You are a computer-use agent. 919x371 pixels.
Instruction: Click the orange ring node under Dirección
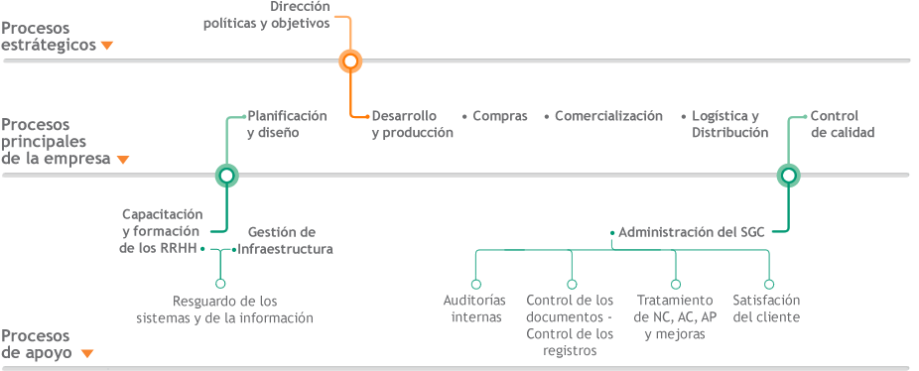pyautogui.click(x=349, y=61)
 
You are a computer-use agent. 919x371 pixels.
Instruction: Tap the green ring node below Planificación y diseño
pyautogui.click(x=226, y=176)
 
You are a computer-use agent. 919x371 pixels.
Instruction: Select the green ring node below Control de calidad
pyautogui.click(x=788, y=176)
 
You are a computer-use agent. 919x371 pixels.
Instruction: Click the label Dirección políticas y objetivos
pyautogui.click(x=267, y=15)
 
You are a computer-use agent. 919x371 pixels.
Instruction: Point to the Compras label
pyautogui.click(x=499, y=116)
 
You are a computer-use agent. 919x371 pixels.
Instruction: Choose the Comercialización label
pyautogui.click(x=608, y=116)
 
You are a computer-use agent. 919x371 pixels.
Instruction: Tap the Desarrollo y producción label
pyautogui.click(x=412, y=124)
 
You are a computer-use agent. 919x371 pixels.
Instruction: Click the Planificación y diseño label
pyautogui.click(x=286, y=124)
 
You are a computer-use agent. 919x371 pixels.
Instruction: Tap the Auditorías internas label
pyautogui.click(x=475, y=309)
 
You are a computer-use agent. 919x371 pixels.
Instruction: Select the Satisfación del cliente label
pyautogui.click(x=766, y=309)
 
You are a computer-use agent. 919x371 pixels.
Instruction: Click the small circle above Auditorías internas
pyautogui.click(x=476, y=284)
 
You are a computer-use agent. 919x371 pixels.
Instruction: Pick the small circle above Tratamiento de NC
pyautogui.click(x=675, y=284)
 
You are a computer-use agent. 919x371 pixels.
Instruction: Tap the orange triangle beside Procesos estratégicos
pyautogui.click(x=107, y=46)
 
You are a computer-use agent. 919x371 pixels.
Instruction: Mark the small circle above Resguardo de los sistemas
pyautogui.click(x=220, y=284)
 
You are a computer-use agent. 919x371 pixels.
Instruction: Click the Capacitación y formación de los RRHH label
pyautogui.click(x=162, y=231)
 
